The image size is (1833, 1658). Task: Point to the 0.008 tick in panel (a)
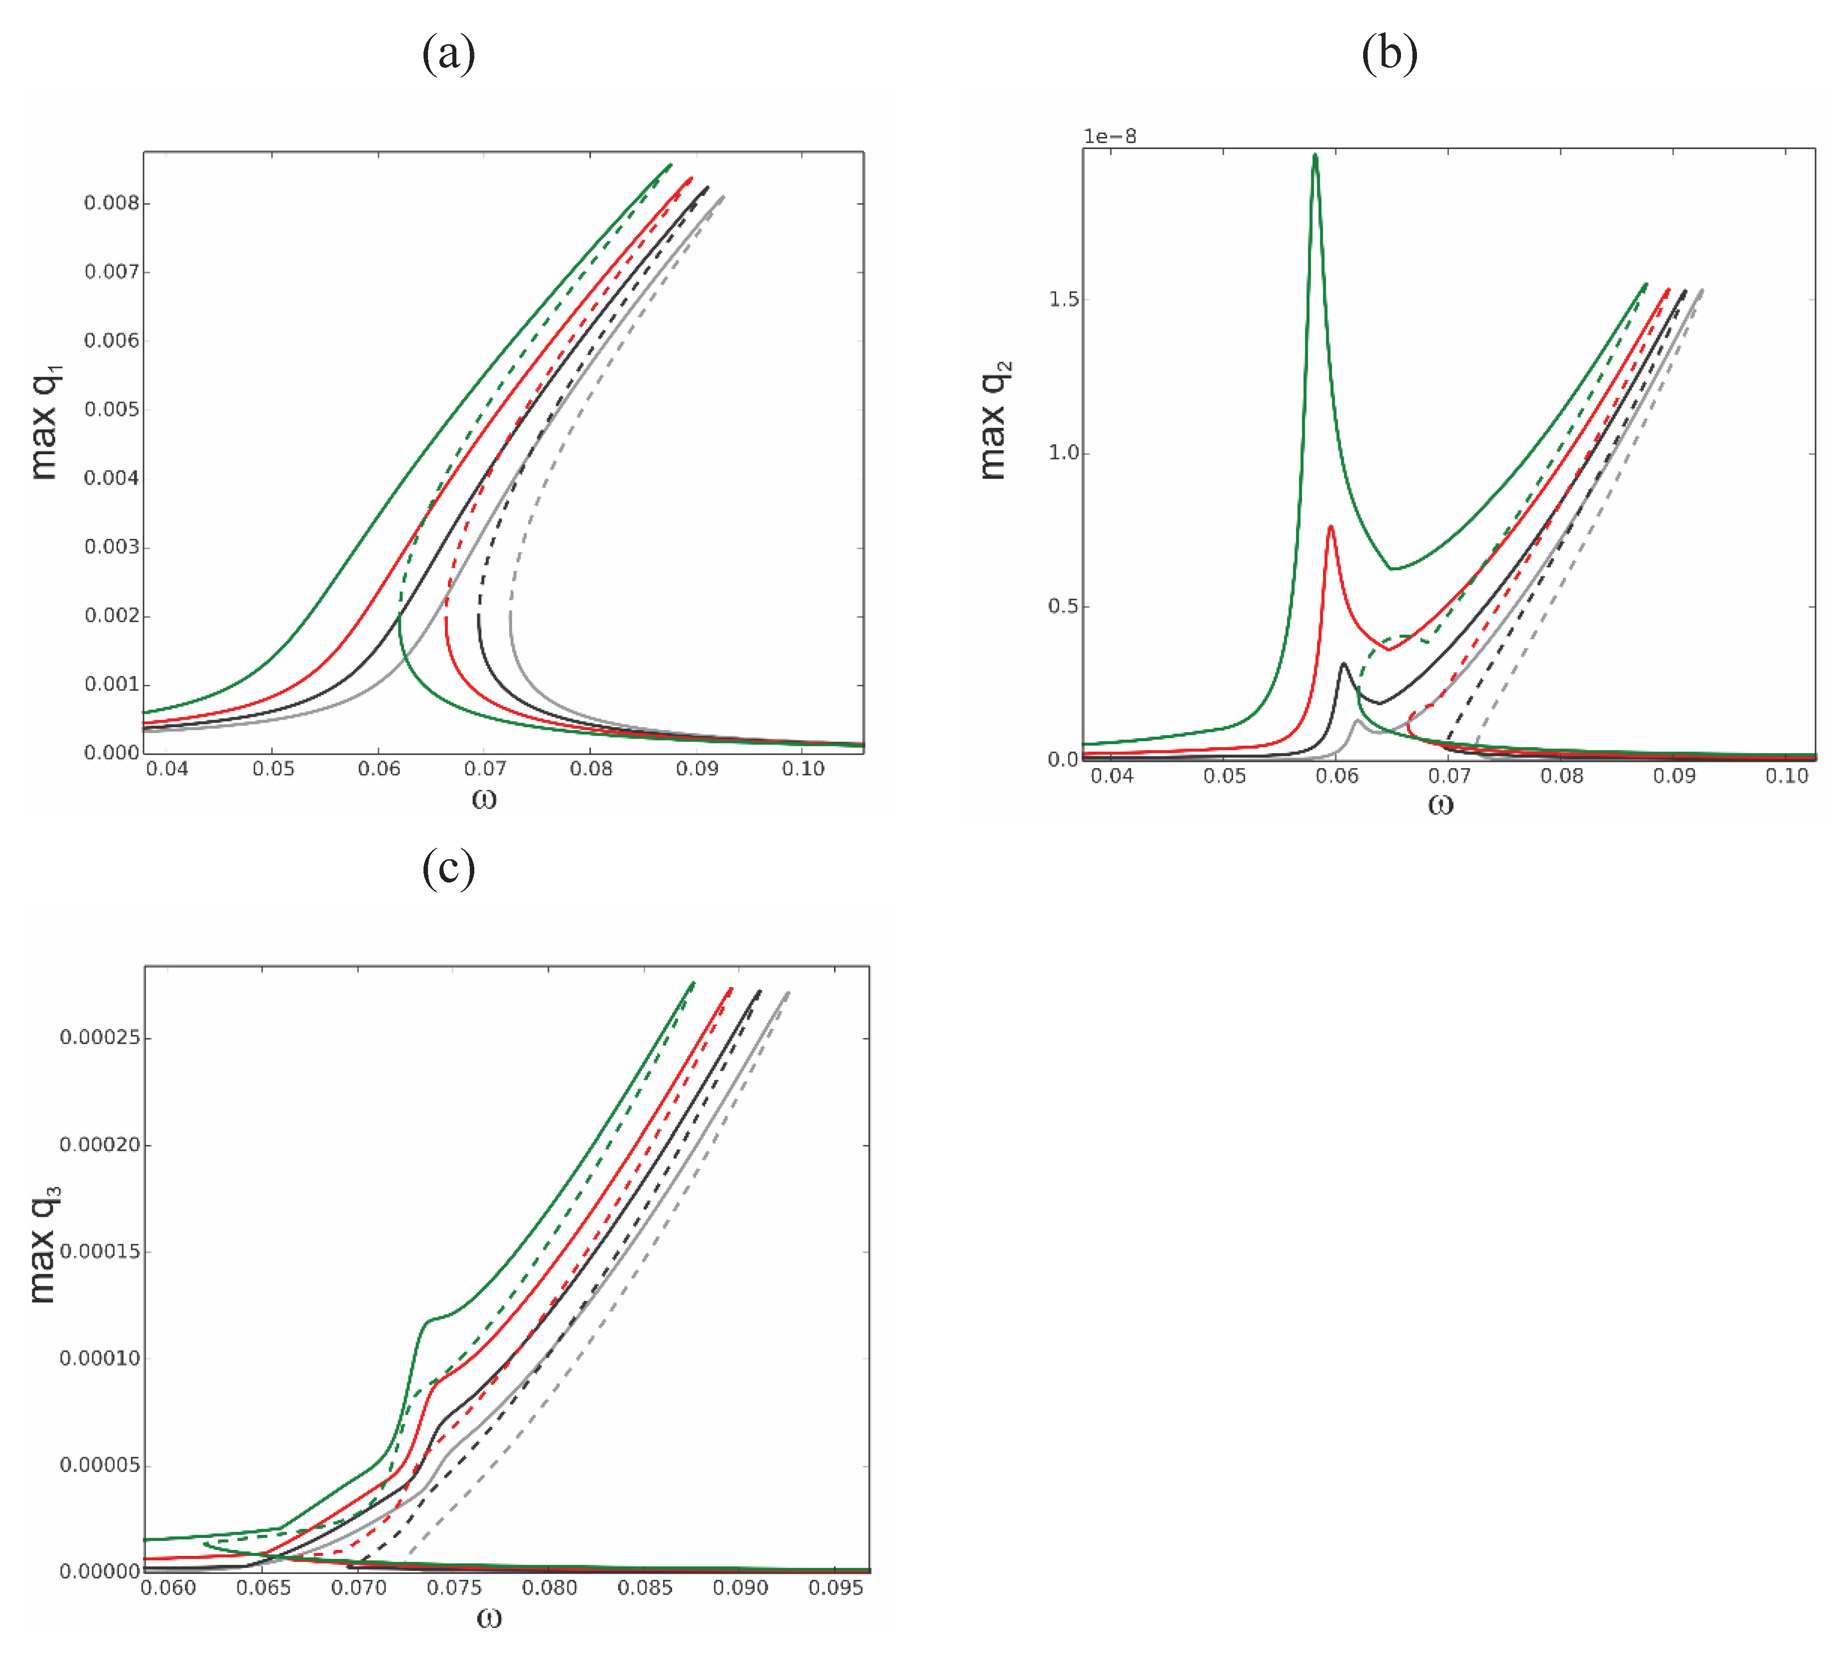pos(112,203)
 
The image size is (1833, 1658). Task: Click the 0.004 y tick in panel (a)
pos(112,478)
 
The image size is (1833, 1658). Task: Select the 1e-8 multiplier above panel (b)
pos(1109,136)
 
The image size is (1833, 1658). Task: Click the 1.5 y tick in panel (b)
pos(1064,300)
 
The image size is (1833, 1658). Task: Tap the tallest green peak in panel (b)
pos(1315,156)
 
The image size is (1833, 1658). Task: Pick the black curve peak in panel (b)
pos(1343,664)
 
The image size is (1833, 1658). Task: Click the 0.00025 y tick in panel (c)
pos(100,1038)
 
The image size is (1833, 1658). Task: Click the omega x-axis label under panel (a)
pos(485,800)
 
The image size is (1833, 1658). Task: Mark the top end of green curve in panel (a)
pos(670,164)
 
